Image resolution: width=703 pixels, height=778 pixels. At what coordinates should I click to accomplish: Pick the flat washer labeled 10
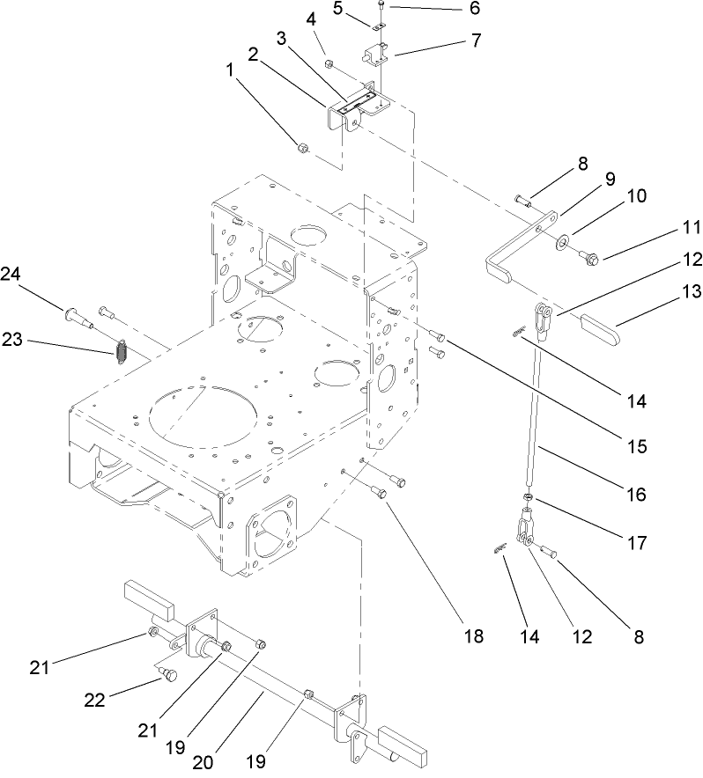[562, 239]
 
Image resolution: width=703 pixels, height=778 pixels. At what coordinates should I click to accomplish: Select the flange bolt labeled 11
[589, 257]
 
